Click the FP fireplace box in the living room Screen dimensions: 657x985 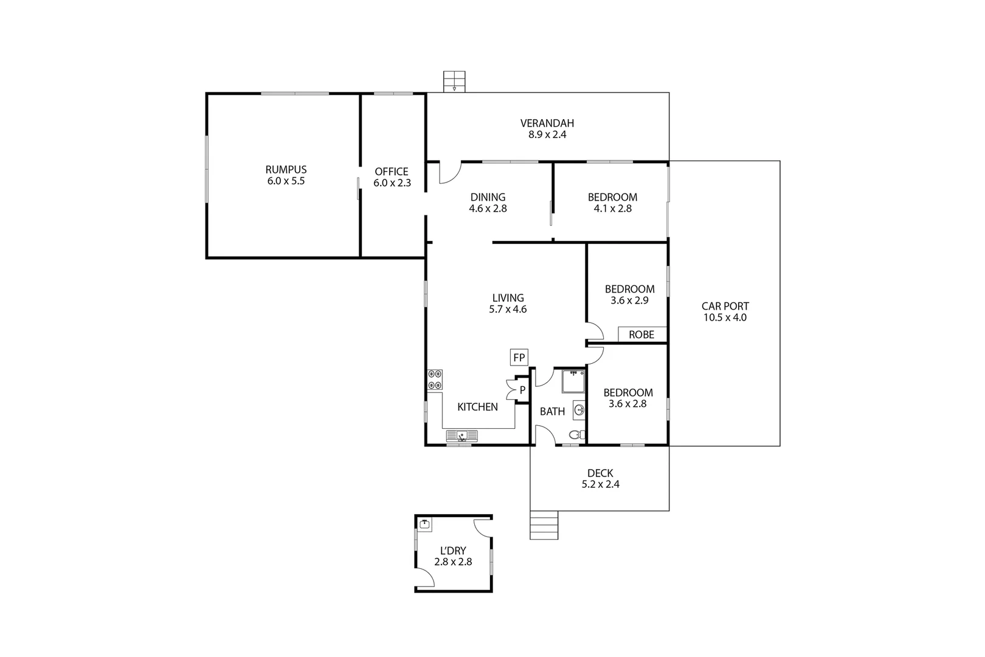tap(519, 358)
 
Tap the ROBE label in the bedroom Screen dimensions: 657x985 tap(641, 335)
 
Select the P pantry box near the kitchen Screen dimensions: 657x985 tap(522, 390)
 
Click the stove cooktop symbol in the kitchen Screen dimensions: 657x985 tap(435, 380)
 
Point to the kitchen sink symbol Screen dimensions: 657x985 tap(462, 436)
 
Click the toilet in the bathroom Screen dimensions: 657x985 tap(576, 435)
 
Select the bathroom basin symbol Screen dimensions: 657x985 tap(579, 410)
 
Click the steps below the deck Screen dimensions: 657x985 tap(544, 526)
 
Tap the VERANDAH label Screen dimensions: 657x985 tap(547, 123)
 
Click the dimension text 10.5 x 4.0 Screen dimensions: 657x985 tap(725, 318)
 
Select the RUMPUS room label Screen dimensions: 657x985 tap(286, 170)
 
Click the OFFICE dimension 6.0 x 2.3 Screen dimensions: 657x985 tap(392, 182)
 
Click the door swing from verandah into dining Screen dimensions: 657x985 tap(449, 173)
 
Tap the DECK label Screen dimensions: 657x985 tap(600, 473)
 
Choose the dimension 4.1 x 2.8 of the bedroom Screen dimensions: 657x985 tap(612, 209)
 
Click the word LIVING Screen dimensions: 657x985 tap(508, 297)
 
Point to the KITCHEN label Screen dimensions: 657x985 tap(477, 407)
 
